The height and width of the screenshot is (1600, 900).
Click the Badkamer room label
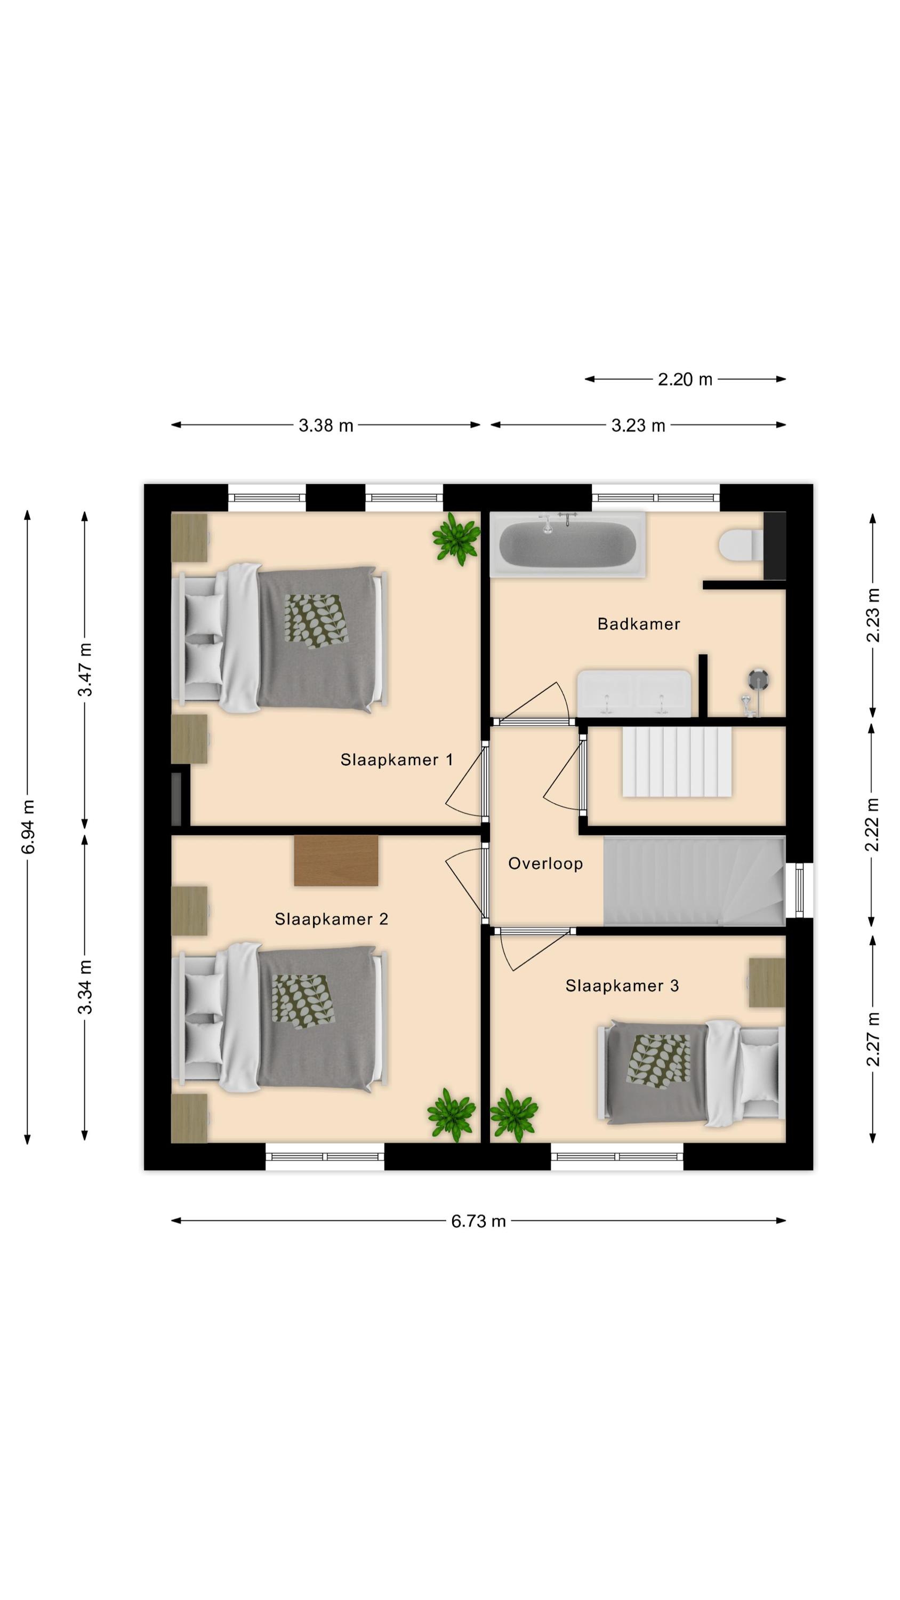click(x=639, y=623)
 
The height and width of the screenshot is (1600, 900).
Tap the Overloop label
click(x=545, y=863)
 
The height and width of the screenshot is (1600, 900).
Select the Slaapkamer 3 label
click(x=622, y=986)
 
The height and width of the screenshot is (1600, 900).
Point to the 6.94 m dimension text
click(x=28, y=826)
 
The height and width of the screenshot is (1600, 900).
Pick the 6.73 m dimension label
click(x=478, y=1221)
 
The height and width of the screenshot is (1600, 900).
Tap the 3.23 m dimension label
click(x=638, y=426)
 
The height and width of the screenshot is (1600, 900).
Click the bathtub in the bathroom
click(x=568, y=544)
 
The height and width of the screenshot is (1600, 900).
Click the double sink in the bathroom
click(x=633, y=693)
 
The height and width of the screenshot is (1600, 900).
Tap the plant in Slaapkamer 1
click(x=456, y=538)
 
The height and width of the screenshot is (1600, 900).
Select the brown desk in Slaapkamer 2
click(x=336, y=860)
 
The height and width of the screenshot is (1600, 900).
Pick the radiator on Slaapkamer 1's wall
click(x=176, y=799)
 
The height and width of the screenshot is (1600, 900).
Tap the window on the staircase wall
click(x=799, y=890)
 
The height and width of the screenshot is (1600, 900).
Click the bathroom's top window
click(x=655, y=498)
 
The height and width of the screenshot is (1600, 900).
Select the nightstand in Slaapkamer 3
click(x=767, y=982)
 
